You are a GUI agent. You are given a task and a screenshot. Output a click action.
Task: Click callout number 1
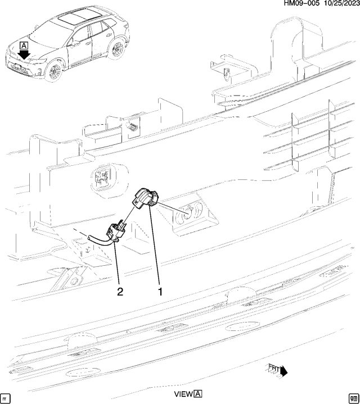[160, 292]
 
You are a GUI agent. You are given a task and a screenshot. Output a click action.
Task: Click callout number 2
[120, 292]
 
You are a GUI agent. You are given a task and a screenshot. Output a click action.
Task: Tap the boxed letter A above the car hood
[24, 45]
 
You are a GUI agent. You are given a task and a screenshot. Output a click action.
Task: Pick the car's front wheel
[55, 71]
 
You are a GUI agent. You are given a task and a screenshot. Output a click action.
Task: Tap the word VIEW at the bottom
[183, 394]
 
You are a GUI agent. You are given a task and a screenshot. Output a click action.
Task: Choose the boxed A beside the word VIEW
[198, 394]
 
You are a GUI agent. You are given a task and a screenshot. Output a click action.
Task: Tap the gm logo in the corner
[353, 396]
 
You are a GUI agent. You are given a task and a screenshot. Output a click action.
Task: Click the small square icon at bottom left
[6, 396]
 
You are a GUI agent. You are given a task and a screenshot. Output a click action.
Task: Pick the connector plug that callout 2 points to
[115, 231]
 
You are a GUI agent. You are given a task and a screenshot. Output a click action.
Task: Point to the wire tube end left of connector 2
[89, 240]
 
